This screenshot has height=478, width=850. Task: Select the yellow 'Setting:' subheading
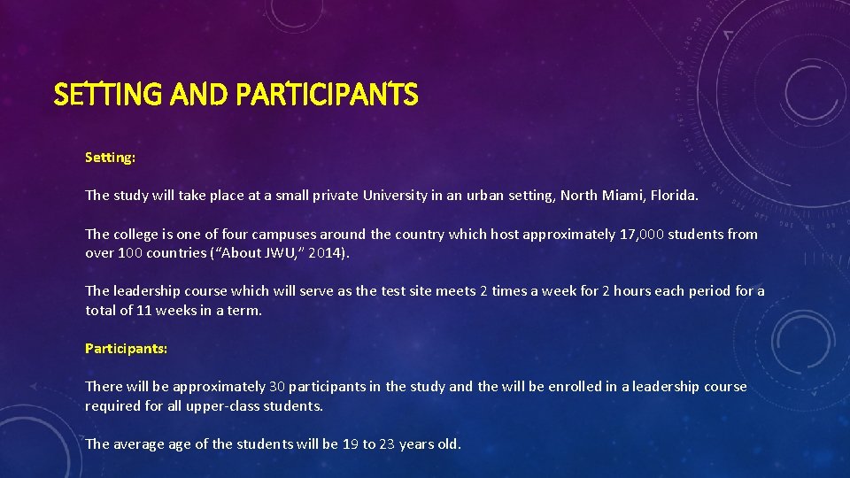[x=110, y=157]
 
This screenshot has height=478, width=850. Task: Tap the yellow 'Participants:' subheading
[x=126, y=348]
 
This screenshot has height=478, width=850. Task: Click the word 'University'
[x=395, y=195]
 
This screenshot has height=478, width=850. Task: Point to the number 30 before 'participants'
[x=277, y=386]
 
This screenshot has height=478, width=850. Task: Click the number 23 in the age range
[x=386, y=443]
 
